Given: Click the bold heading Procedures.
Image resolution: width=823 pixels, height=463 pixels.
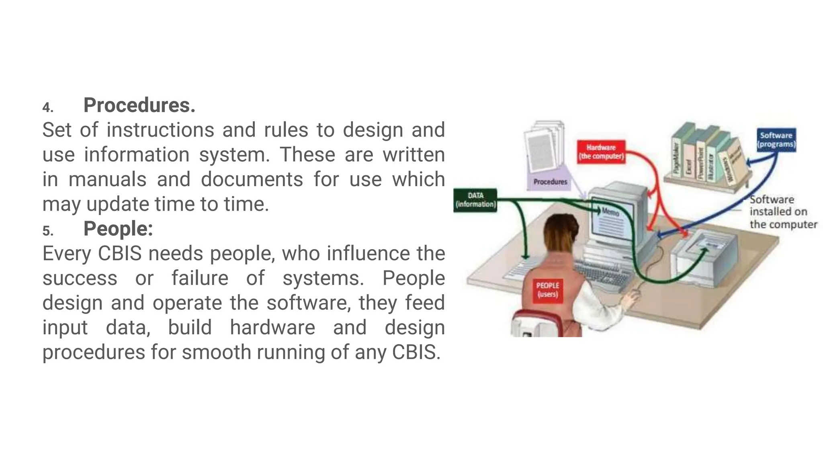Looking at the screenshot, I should [x=139, y=105].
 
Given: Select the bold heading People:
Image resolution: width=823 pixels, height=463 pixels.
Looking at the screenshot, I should [x=118, y=229].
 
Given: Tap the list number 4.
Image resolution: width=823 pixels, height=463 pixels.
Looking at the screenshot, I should [x=48, y=108].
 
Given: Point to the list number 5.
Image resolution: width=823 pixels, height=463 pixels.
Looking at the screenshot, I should [x=48, y=231].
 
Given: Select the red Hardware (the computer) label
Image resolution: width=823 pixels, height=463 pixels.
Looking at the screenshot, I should [x=601, y=152].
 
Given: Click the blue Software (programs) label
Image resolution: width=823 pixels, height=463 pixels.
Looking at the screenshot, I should [x=776, y=140].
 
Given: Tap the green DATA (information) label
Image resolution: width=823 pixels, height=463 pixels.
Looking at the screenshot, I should [x=475, y=200].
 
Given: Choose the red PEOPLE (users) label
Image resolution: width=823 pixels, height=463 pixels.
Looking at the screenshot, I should [x=547, y=290].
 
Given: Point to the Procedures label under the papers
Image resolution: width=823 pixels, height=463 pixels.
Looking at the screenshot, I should [x=550, y=182].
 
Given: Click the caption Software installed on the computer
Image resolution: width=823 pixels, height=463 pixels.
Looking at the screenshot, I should [x=782, y=212].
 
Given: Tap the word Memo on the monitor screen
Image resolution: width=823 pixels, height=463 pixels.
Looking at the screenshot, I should [x=610, y=211].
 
